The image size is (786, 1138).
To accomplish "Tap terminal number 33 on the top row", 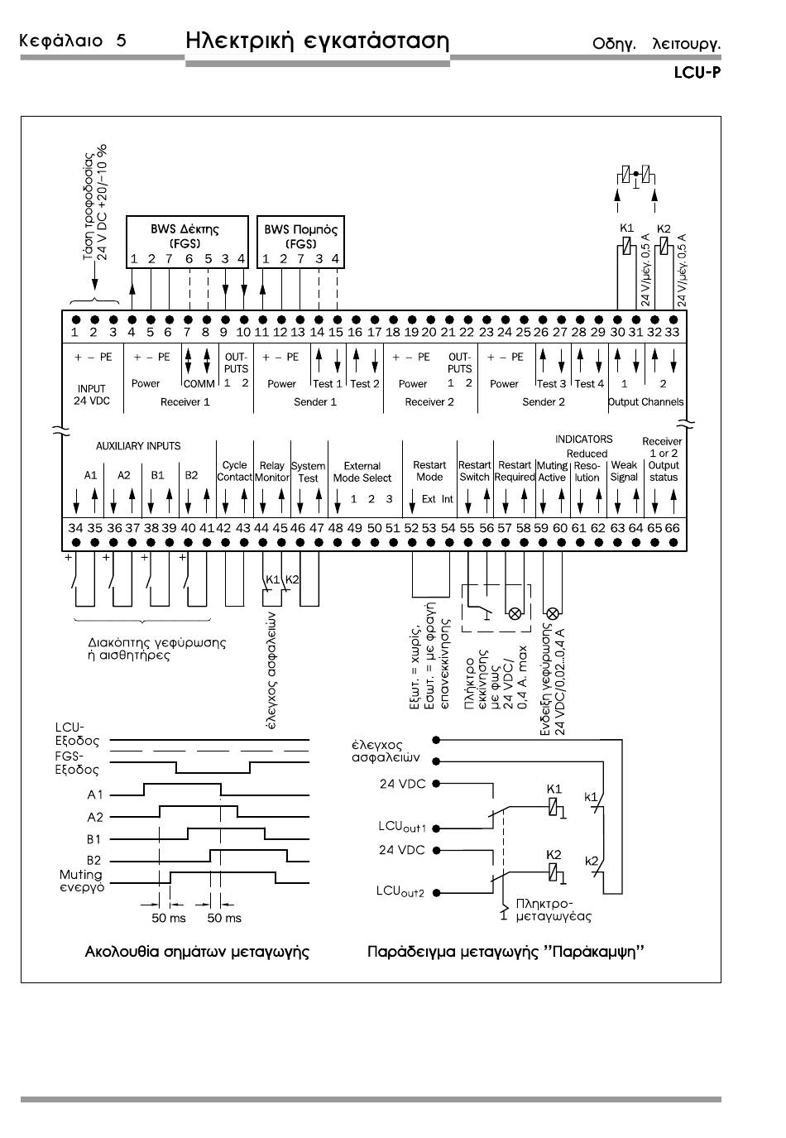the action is (673, 332).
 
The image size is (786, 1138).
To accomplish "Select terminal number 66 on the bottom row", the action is (673, 528).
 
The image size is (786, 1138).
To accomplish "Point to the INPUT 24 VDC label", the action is (91, 395).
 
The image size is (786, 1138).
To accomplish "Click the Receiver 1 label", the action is (185, 402).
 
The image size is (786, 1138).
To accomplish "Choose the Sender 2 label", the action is (544, 402).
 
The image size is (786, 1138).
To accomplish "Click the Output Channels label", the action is (646, 402).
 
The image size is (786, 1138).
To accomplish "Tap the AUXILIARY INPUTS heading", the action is (138, 446).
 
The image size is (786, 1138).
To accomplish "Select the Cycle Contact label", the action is (234, 471).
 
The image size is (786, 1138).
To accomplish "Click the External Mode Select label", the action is (362, 472).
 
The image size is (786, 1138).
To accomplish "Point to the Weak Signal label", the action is (624, 471).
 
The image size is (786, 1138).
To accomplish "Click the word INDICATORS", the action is (583, 439).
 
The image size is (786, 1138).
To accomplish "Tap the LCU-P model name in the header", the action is (697, 73).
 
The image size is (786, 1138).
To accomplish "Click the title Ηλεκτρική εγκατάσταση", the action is (318, 41).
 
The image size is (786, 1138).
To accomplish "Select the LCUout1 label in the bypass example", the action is (401, 827).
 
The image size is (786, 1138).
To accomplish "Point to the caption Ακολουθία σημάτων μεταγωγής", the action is (197, 952).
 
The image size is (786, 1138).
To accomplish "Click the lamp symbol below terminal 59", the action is (553, 613).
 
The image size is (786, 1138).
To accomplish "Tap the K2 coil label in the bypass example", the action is (554, 855).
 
